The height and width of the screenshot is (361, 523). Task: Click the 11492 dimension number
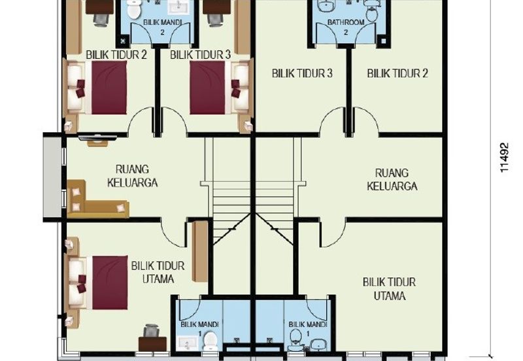pyautogui.click(x=505, y=158)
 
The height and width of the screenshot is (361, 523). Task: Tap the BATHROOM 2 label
pyautogui.click(x=346, y=27)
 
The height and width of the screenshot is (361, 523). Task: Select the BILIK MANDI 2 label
pyautogui.click(x=162, y=27)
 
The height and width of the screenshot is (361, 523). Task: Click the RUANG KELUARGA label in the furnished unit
pyautogui.click(x=133, y=176)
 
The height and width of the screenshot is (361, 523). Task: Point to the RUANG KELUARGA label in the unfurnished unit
pyautogui.click(x=392, y=179)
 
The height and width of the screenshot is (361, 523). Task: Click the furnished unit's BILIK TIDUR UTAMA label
pyautogui.click(x=158, y=272)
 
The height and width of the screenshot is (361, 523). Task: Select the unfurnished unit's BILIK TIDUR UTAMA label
pyautogui.click(x=389, y=288)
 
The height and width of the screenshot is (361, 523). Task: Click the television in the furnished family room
pyautogui.click(x=97, y=137)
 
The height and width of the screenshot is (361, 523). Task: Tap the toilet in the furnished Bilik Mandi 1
pyautogui.click(x=211, y=340)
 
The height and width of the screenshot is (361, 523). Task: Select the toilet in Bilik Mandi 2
pyautogui.click(x=134, y=9)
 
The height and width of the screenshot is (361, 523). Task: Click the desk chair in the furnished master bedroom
pyautogui.click(x=151, y=330)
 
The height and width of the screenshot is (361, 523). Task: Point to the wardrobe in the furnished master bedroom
pyautogui.click(x=199, y=251)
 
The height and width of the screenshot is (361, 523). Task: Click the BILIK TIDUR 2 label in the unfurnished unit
pyautogui.click(x=397, y=73)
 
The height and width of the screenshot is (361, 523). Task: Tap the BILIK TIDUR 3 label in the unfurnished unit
pyautogui.click(x=302, y=73)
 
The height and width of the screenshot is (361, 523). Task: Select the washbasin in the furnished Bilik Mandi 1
pyautogui.click(x=187, y=343)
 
